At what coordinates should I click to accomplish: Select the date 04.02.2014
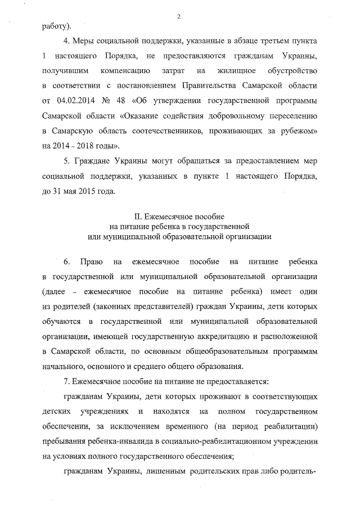pyautogui.click(x=76, y=101)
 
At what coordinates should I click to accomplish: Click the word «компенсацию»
pyautogui.click(x=125, y=71)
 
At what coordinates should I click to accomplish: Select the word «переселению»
pyautogui.click(x=290, y=115)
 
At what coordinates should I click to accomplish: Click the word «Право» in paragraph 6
pyautogui.click(x=91, y=263)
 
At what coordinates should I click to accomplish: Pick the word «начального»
pyautogui.click(x=64, y=366)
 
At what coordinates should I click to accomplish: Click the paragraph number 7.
pyautogui.click(x=67, y=382)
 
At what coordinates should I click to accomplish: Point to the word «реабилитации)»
pyautogui.click(x=291, y=427)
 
